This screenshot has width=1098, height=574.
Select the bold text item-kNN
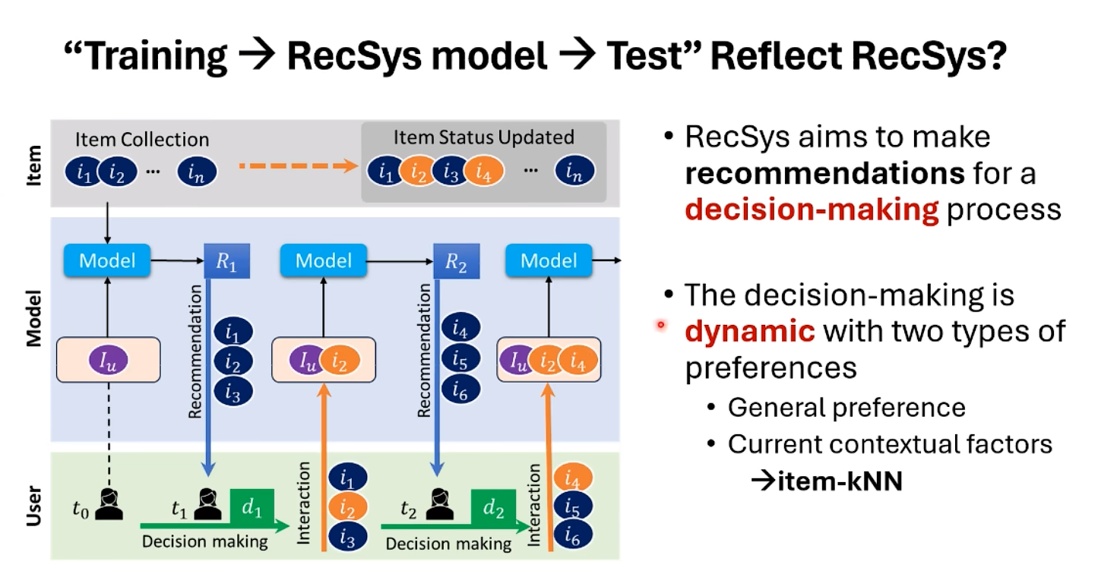tap(837, 481)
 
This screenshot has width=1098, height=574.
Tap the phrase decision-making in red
tap(812, 209)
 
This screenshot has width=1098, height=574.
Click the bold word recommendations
tap(824, 173)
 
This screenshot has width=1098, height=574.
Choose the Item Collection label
tap(141, 140)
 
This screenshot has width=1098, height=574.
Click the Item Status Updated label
tap(484, 137)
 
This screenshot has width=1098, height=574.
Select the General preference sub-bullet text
tap(846, 408)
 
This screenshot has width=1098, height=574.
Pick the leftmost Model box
tap(107, 260)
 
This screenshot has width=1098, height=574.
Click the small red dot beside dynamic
tap(660, 326)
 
